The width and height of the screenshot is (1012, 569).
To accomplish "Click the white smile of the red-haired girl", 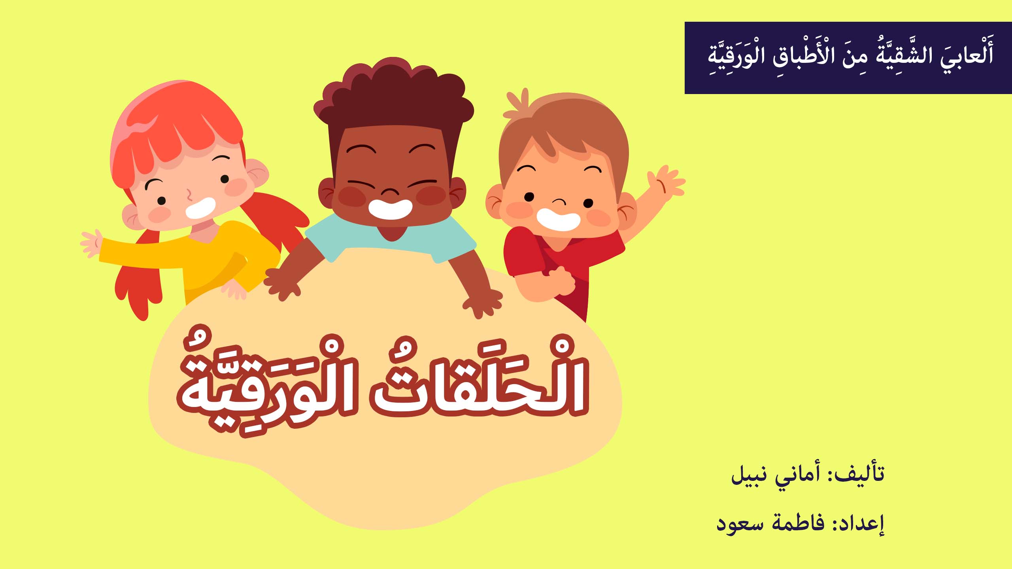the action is [201, 208].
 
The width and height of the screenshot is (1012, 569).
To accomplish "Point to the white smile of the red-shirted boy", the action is [558, 220].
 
